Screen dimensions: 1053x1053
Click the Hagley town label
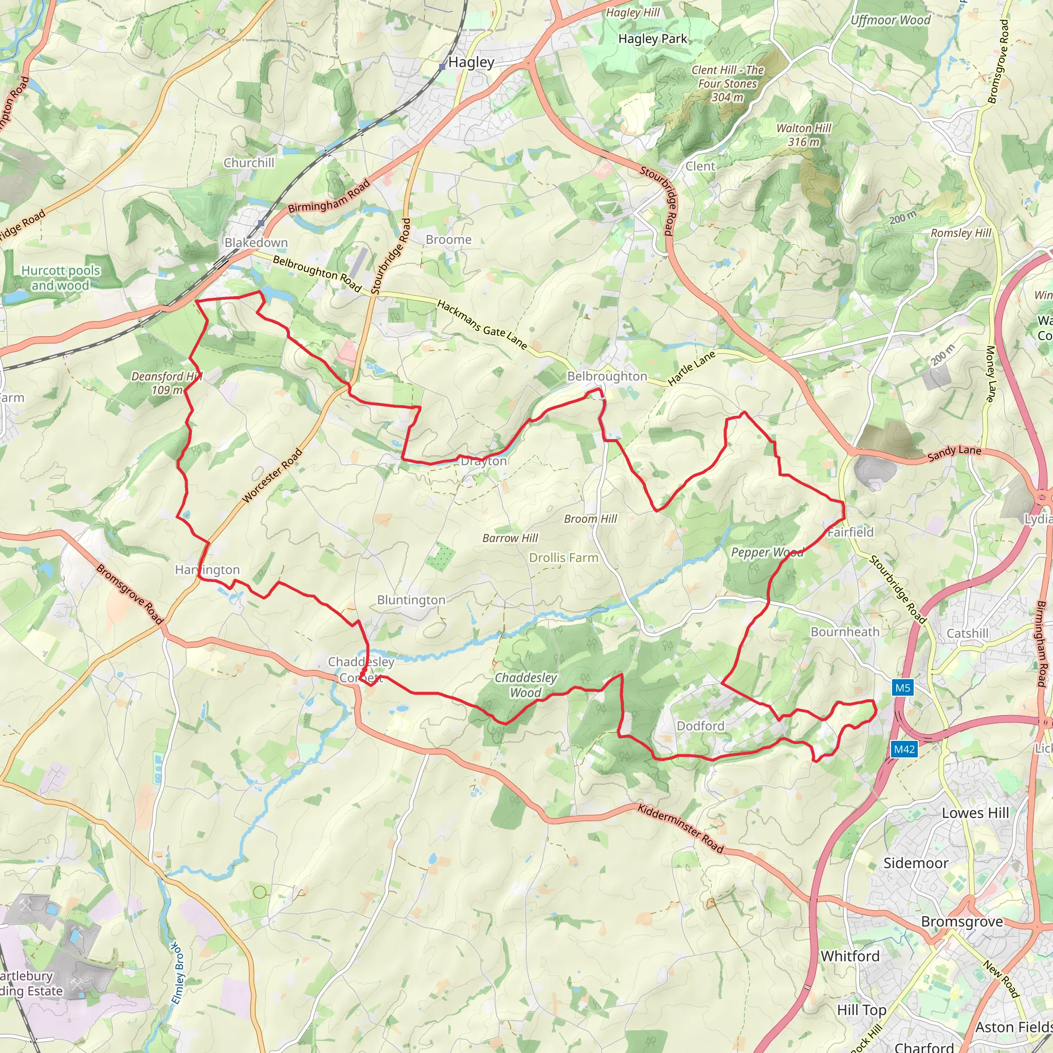[x=471, y=63]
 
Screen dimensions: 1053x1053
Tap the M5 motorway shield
[x=902, y=688]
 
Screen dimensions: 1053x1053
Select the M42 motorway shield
[x=904, y=750]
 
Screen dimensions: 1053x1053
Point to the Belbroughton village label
[x=607, y=376]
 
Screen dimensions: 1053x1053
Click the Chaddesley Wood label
[x=525, y=685]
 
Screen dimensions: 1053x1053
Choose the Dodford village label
[x=700, y=726]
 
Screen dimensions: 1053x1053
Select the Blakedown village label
[x=256, y=243]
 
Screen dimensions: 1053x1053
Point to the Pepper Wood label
[x=767, y=553]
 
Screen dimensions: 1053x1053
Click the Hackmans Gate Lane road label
[x=482, y=325]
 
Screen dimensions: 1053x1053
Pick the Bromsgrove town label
[x=962, y=922]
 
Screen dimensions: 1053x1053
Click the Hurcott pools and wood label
[x=61, y=278]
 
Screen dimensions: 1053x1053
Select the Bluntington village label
[x=411, y=600]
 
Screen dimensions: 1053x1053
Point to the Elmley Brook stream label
[x=178, y=973]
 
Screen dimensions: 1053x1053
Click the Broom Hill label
[x=590, y=519]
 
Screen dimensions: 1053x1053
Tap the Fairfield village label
[x=850, y=533]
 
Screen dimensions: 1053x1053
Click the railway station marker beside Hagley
[x=442, y=67]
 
